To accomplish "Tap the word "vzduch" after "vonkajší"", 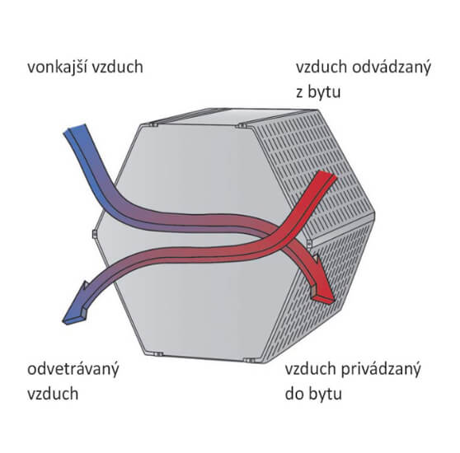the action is point(118,67).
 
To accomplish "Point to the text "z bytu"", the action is point(318,93).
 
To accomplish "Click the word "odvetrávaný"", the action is point(73,370).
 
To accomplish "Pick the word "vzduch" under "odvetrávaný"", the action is point(53,394).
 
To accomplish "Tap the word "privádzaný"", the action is point(381,370).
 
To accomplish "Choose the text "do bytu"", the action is point(313,395).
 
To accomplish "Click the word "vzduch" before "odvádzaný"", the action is point(322,67).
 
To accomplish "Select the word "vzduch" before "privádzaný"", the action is point(311,369).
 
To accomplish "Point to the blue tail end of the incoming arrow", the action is point(75,129).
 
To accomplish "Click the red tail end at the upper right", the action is point(326,175).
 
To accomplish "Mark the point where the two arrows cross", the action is point(278,236).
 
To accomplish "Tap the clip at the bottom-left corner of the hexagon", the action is point(157,354).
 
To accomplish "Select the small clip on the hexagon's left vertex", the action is point(95,234).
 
